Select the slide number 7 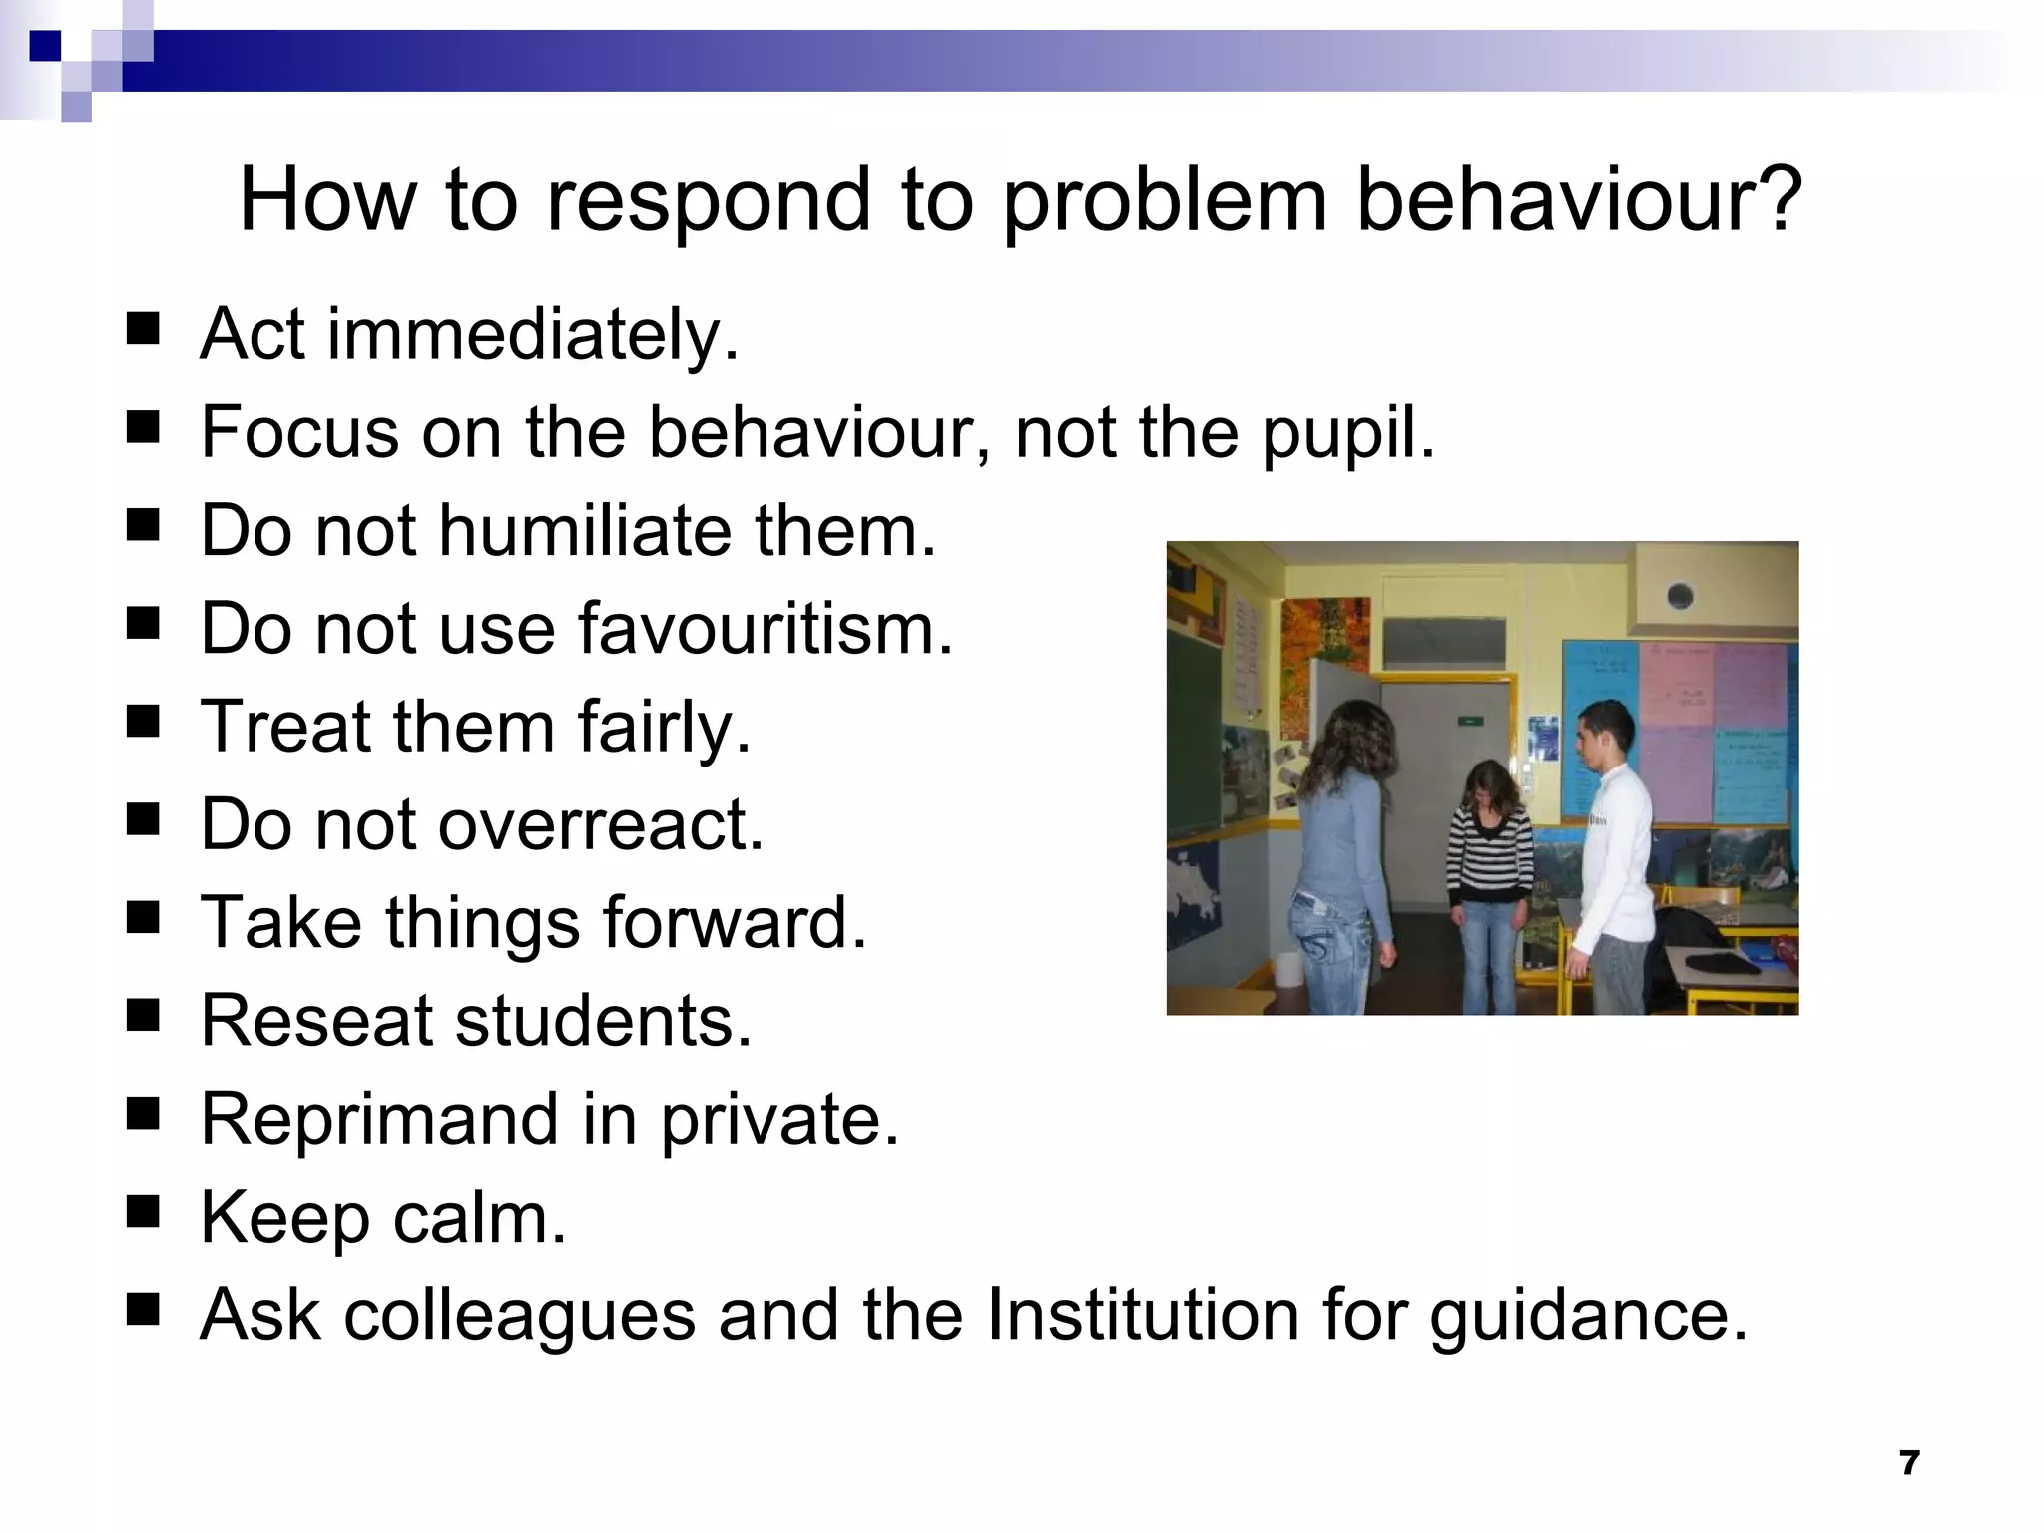[1909, 1463]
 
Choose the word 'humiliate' [585, 530]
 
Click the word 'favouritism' [765, 629]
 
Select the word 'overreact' [600, 824]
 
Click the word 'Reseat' [317, 1020]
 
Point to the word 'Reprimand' [379, 1118]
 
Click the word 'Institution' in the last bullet [1144, 1314]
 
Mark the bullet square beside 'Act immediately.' [144, 328]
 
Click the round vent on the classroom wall [1680, 597]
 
